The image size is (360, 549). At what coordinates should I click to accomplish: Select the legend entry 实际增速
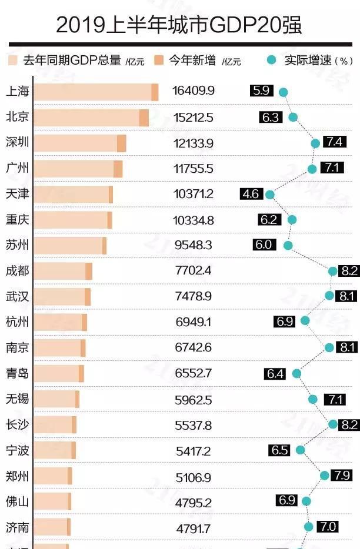tap(308, 60)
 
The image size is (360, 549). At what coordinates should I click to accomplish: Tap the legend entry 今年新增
tap(192, 60)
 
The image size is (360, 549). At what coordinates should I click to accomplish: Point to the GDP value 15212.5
tap(194, 118)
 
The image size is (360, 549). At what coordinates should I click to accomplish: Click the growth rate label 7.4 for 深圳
tap(335, 142)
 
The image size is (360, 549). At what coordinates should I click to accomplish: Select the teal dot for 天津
tap(270, 194)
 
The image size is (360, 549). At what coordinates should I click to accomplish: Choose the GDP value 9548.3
tap(193, 245)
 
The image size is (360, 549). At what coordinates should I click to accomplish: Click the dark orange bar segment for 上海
tap(155, 92)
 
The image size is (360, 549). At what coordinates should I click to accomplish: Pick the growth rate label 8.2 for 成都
tap(349, 271)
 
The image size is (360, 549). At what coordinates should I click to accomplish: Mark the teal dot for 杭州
tap(305, 320)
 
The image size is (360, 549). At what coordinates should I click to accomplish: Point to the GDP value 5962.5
tap(193, 400)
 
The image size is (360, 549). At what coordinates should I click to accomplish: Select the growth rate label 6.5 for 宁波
tap(280, 450)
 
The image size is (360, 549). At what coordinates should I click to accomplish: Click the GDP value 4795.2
tap(193, 502)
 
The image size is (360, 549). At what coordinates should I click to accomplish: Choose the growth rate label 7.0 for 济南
tap(328, 527)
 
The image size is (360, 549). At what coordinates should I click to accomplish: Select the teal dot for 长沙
tap(333, 424)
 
